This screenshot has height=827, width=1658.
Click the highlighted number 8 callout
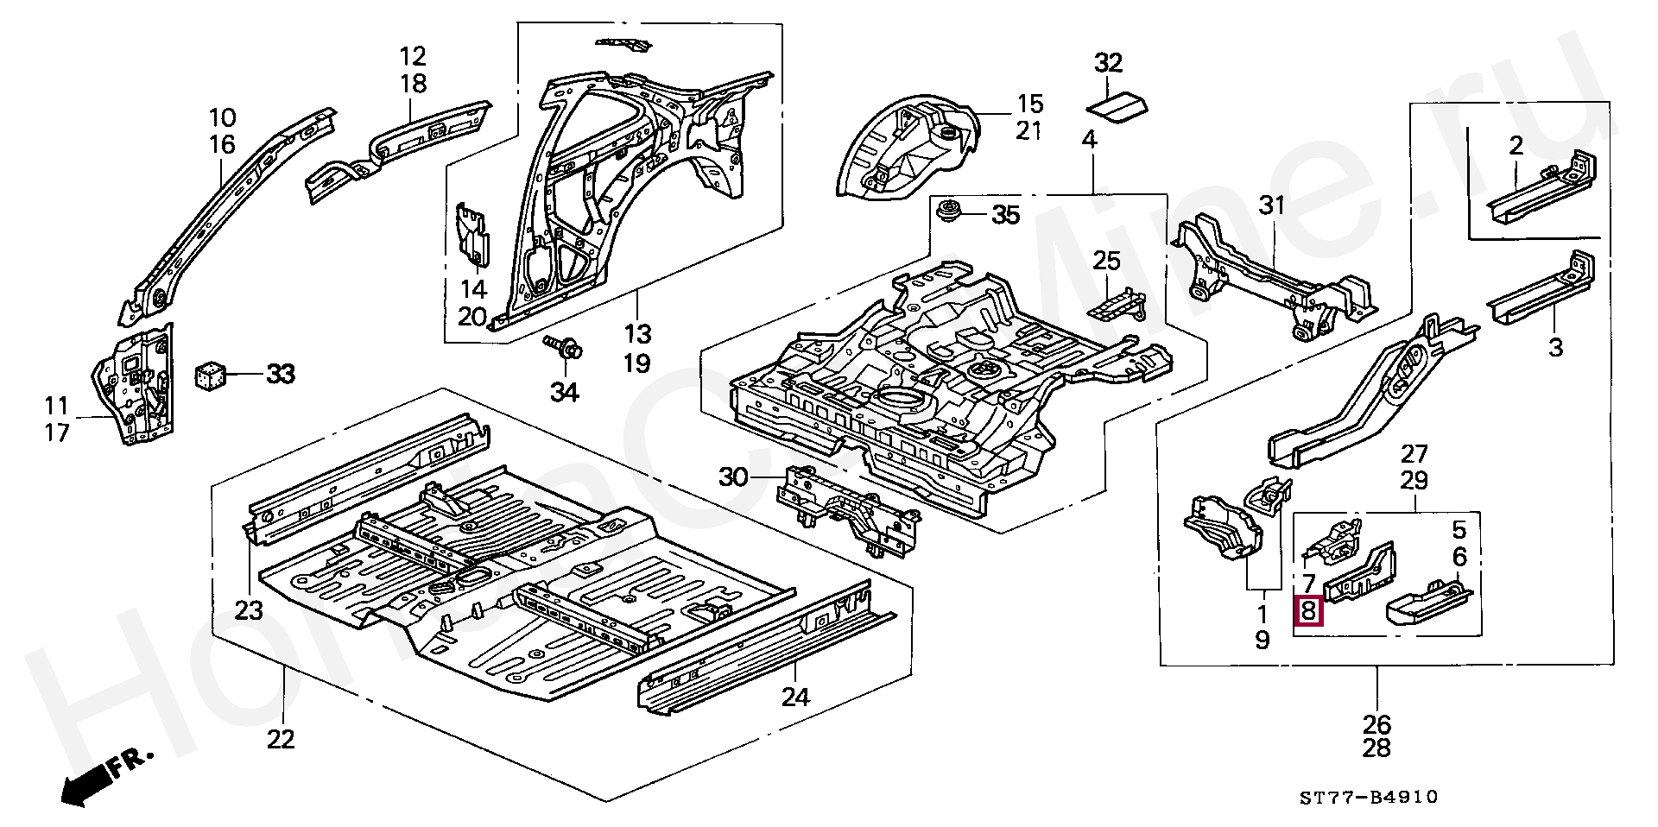tap(1308, 611)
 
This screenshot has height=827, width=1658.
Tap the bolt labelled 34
tap(566, 348)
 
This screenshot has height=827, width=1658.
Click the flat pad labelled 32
tap(1117, 107)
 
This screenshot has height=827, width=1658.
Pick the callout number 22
tap(281, 739)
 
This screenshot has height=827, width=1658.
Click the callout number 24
tap(795, 696)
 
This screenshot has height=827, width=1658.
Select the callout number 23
tap(249, 610)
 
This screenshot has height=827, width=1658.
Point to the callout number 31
tap(1272, 205)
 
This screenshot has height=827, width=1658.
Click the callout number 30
tap(733, 477)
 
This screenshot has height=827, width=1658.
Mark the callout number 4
tap(1089, 138)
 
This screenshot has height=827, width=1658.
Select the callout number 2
tap(1516, 146)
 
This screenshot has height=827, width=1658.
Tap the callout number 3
tap(1555, 348)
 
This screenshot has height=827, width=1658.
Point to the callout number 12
tap(413, 57)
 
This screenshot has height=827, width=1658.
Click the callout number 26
tap(1377, 723)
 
